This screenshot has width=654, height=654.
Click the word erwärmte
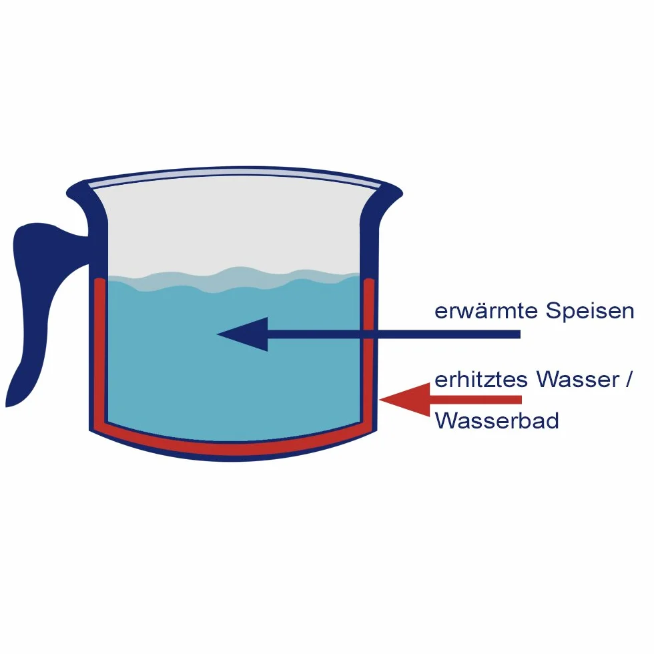(486, 311)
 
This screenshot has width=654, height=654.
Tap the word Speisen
(590, 310)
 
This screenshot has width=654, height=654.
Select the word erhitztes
(481, 380)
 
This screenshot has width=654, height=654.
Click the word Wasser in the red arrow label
(578, 380)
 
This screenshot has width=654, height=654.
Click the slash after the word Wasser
(629, 380)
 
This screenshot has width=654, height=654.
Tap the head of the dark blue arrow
(242, 334)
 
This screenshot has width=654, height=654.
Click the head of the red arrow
(404, 400)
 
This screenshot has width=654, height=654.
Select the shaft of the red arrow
(475, 400)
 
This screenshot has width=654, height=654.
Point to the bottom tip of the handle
(6, 406)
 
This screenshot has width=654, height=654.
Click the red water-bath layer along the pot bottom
(234, 446)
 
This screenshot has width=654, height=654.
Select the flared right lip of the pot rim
(386, 196)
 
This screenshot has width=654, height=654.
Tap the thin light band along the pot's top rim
(234, 175)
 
